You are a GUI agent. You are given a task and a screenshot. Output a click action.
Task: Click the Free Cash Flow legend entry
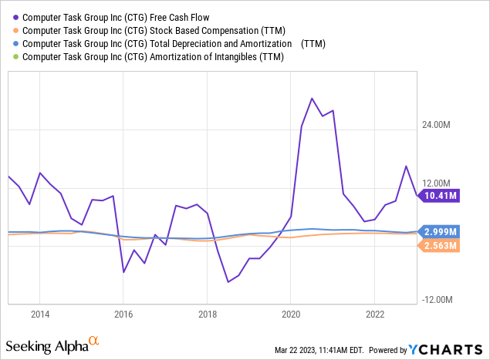pos(115,16)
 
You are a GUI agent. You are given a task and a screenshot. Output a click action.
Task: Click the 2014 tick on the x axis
pos(40,314)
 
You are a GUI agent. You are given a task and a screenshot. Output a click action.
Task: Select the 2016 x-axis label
pos(123,314)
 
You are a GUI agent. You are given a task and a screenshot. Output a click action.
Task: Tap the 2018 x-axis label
pos(207,314)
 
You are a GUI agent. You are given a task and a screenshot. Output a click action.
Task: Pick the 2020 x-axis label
pos(290,314)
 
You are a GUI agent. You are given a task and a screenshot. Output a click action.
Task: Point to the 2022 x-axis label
pos(373,314)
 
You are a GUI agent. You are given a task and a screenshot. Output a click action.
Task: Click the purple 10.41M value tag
pos(441,196)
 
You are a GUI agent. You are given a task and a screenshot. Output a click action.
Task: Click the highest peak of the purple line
pos(312,99)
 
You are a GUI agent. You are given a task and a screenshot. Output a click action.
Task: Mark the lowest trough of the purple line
pos(228,282)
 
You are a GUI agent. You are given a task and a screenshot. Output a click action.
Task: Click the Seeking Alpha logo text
pos(46,343)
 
